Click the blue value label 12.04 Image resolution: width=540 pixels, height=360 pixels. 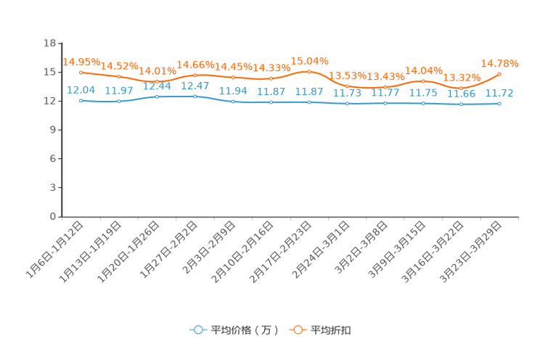pos(81,89)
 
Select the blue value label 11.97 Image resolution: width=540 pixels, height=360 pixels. pos(118,90)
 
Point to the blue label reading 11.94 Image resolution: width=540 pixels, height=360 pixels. pos(232,91)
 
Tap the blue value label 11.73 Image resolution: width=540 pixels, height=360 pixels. pos(346,93)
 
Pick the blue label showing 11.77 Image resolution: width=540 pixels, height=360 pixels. pos(385,92)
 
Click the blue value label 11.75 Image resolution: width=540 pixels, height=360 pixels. pos(422,93)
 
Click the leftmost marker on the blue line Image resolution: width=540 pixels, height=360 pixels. pos(81,101)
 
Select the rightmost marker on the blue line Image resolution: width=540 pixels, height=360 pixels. pos(499,105)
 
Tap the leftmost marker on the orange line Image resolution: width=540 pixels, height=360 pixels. pos(81,72)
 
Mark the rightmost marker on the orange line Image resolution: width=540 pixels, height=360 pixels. pos(499,73)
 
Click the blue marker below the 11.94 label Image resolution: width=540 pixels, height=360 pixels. pos(233,102)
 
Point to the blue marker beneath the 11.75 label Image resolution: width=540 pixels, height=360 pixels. pos(423,104)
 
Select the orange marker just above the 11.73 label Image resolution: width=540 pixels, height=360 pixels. pos(347,86)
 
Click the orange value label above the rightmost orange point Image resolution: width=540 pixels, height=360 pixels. pos(499,63)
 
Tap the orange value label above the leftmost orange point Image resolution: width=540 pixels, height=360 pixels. pos(81,62)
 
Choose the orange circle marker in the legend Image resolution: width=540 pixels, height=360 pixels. pos(297,330)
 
